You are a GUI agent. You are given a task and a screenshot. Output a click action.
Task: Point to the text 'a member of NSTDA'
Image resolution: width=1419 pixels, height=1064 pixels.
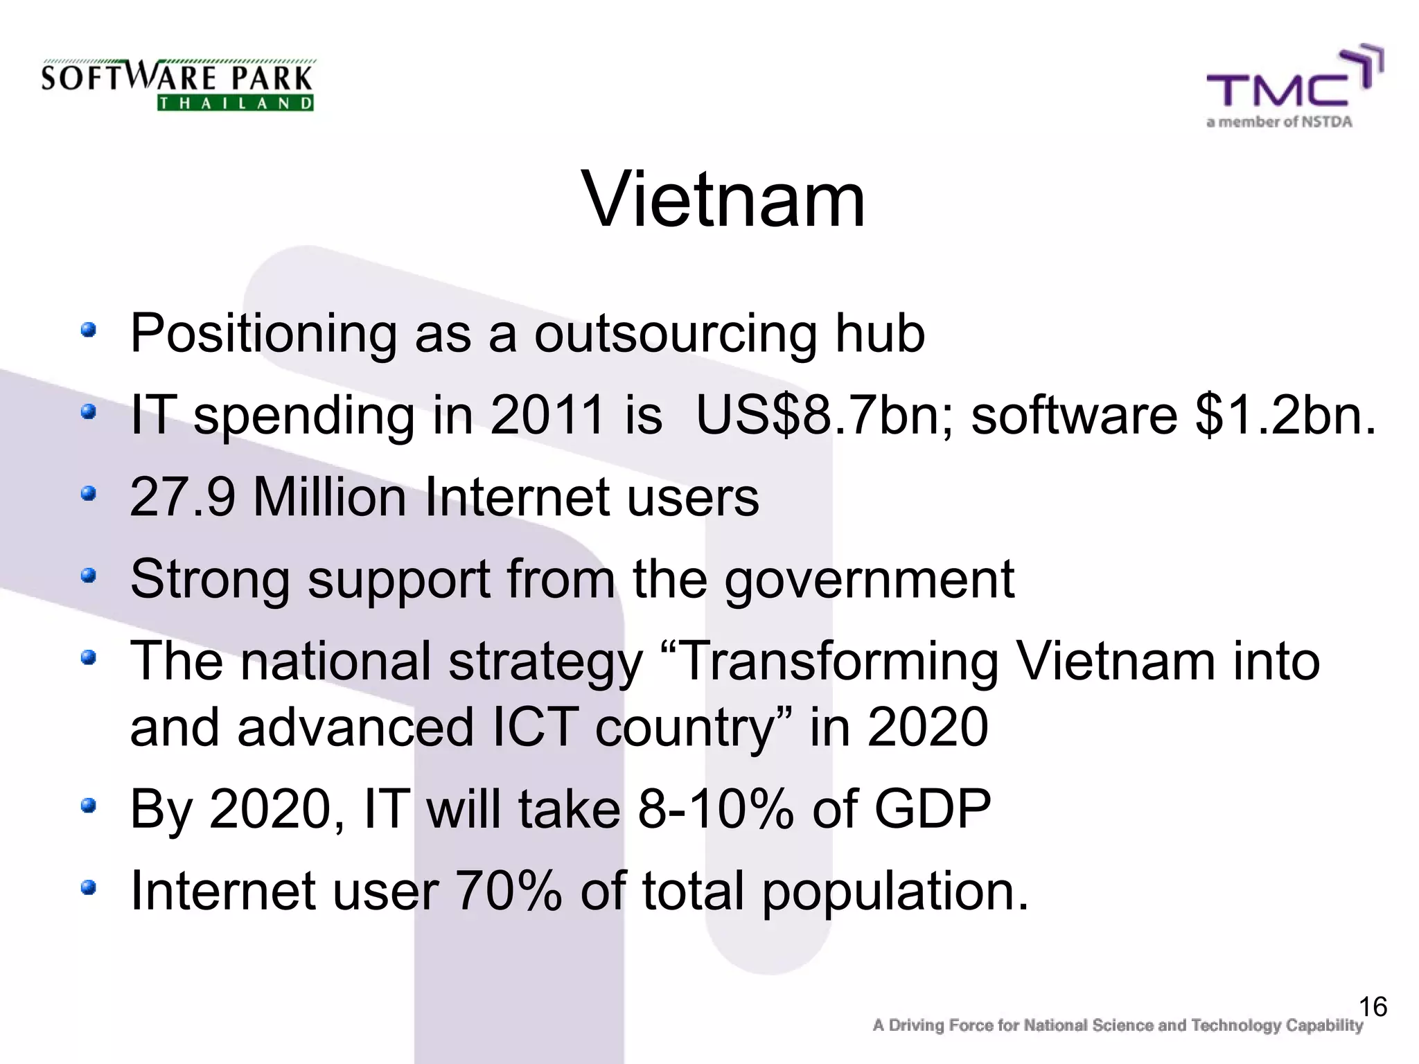(1279, 123)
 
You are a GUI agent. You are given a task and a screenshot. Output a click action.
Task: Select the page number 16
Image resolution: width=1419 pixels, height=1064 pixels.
(1372, 1007)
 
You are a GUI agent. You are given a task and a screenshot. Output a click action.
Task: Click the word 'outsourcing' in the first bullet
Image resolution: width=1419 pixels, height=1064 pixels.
(675, 334)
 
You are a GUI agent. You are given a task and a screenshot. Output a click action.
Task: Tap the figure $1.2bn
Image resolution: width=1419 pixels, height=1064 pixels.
(1285, 416)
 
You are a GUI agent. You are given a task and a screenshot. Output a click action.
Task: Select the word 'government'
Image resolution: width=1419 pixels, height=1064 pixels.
(869, 579)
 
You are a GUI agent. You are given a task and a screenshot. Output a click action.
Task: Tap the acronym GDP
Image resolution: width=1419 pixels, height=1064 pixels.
(933, 808)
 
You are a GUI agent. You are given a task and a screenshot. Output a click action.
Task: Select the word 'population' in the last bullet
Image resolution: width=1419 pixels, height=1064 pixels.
(887, 892)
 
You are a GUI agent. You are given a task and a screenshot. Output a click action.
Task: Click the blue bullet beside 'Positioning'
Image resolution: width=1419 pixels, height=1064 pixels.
(87, 330)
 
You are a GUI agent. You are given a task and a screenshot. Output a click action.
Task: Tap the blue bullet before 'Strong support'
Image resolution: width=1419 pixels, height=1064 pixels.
(87, 576)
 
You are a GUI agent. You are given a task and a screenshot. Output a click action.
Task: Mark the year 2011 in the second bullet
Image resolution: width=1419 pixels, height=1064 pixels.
(547, 416)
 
